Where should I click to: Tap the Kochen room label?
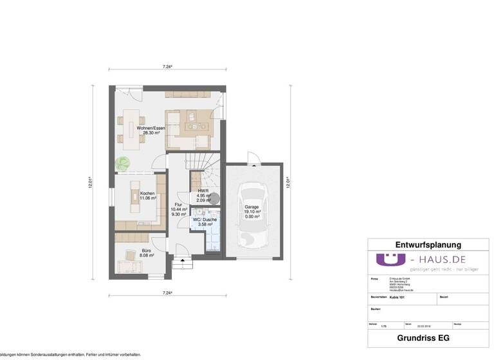[147, 194]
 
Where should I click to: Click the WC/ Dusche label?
[205, 220]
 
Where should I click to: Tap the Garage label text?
[252, 207]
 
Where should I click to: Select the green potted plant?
[122, 163]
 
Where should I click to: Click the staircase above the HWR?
[205, 168]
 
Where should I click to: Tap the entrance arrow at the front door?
[183, 261]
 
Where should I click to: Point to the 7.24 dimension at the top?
[167, 66]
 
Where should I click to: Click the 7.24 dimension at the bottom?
[167, 293]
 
